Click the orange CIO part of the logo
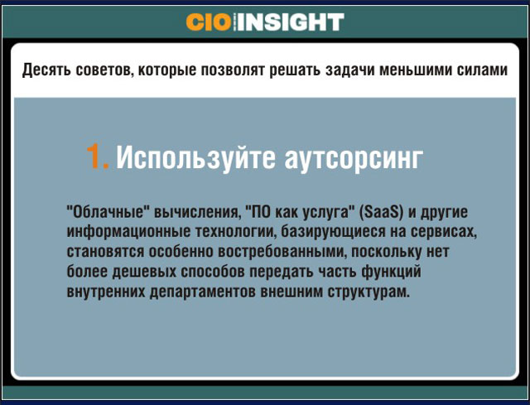[208, 22]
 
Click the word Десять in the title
[46, 70]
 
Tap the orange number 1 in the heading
[98, 156]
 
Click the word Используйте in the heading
[196, 157]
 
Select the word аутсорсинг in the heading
[354, 158]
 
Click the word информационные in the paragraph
[128, 232]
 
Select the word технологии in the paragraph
[235, 232]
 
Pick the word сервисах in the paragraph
[444, 232]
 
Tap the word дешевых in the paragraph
[144, 272]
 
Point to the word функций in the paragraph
[391, 272]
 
